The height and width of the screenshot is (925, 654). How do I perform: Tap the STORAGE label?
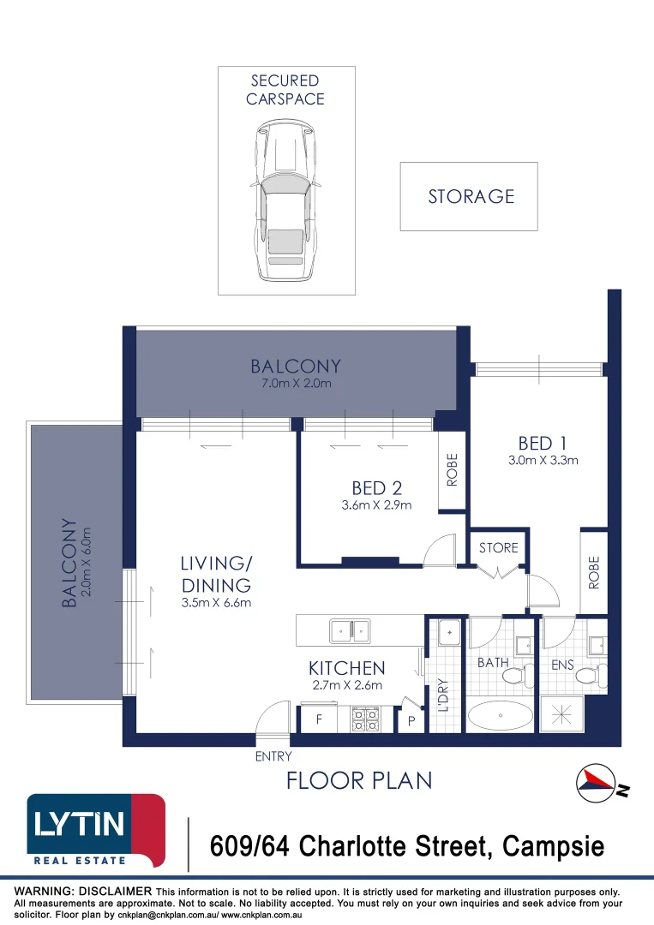pyautogui.click(x=471, y=197)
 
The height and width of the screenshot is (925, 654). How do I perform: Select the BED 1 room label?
pyautogui.click(x=536, y=443)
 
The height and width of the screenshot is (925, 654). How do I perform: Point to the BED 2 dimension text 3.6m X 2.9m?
pyautogui.click(x=377, y=504)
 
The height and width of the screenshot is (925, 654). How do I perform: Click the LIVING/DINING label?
pyautogui.click(x=215, y=575)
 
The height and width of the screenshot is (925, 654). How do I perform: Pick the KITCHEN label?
pyautogui.click(x=346, y=668)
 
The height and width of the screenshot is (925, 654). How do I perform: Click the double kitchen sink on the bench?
pyautogui.click(x=351, y=632)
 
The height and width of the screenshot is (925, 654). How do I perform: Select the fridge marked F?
pyautogui.click(x=319, y=720)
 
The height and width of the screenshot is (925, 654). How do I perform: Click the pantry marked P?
pyautogui.click(x=411, y=721)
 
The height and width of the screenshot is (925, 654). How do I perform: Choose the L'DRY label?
pyautogui.click(x=443, y=695)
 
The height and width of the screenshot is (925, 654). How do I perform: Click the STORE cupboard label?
pyautogui.click(x=498, y=547)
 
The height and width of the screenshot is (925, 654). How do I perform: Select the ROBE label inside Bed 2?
pyautogui.click(x=452, y=471)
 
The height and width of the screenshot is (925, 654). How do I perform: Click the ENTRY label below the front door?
pyautogui.click(x=273, y=756)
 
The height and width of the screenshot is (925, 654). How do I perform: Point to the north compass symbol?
pyautogui.click(x=599, y=781)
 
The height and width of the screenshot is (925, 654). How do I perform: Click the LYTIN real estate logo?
pyautogui.click(x=95, y=829)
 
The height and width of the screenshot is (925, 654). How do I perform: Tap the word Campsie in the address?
pyautogui.click(x=553, y=847)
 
